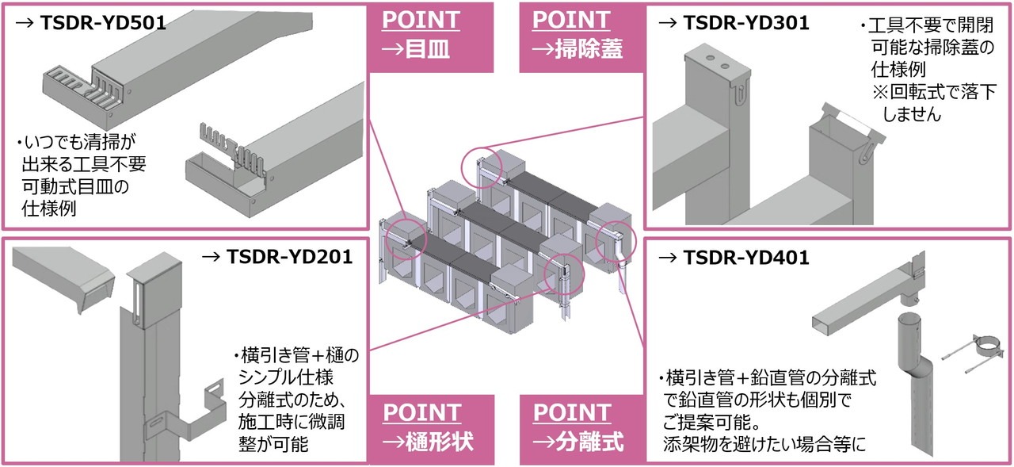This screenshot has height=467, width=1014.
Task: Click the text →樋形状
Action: point(429,441)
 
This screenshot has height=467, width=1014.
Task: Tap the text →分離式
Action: point(578,441)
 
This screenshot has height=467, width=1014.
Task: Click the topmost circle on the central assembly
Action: point(484,167)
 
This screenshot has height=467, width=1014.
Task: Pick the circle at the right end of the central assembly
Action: point(616,239)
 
